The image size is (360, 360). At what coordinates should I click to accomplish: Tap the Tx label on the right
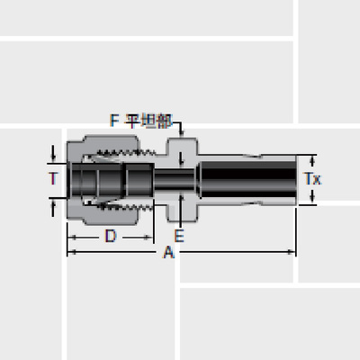(311, 179)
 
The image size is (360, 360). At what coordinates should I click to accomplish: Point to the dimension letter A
(167, 254)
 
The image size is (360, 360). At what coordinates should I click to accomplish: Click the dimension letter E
(179, 237)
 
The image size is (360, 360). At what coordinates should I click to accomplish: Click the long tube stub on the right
(247, 179)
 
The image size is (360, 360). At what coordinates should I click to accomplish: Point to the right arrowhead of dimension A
(292, 253)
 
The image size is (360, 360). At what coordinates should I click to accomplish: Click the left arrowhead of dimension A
(71, 253)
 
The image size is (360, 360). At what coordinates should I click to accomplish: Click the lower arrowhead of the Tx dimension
(310, 202)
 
